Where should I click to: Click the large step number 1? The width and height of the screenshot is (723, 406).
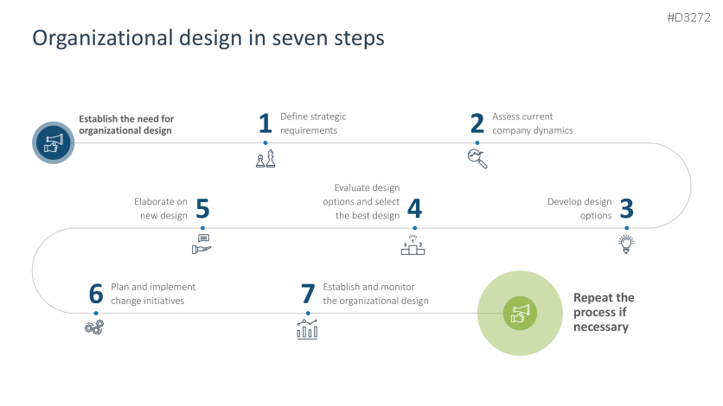click(265, 124)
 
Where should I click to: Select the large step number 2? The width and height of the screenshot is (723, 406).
click(477, 124)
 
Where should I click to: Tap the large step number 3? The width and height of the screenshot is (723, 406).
click(626, 209)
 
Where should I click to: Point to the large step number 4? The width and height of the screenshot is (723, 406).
click(414, 209)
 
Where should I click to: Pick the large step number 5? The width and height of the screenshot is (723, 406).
click(202, 209)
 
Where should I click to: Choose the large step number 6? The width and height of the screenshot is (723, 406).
click(96, 294)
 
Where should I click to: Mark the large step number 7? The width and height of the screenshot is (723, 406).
click(307, 294)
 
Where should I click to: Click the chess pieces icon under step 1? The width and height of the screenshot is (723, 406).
click(266, 158)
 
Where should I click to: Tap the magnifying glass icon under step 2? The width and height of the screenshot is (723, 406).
click(477, 158)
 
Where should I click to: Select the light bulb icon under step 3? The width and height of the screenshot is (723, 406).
click(625, 244)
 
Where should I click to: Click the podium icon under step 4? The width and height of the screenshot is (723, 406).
click(413, 245)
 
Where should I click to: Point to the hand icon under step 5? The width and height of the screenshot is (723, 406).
click(202, 244)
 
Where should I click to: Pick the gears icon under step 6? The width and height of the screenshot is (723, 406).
click(94, 327)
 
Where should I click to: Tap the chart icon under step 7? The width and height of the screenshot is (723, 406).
click(307, 328)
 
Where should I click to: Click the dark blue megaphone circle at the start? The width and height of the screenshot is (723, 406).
click(54, 142)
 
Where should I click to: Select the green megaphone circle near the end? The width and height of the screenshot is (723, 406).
click(520, 313)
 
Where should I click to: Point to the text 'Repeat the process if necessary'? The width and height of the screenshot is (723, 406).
click(604, 312)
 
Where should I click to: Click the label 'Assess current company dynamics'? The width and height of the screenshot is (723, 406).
click(533, 124)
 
